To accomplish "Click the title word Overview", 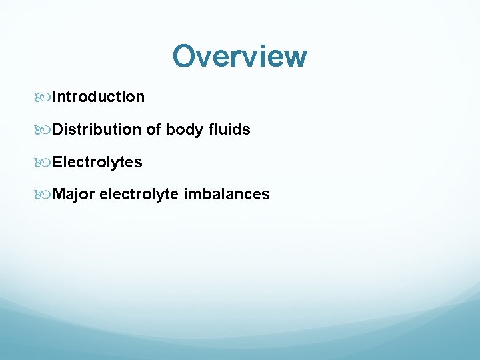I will click(x=239, y=56).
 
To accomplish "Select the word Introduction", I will click(x=99, y=97).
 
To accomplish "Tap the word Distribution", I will click(x=97, y=129).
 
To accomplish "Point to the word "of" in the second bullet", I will click(x=154, y=129).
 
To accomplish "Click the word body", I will click(x=184, y=130).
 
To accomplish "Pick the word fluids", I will click(x=229, y=129).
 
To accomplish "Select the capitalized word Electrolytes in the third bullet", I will click(x=97, y=162).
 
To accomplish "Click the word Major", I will click(x=73, y=195).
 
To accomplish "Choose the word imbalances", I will click(x=227, y=195).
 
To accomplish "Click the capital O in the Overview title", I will click(x=185, y=56).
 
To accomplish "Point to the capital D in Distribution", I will click(x=58, y=129).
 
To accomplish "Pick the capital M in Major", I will click(x=59, y=195).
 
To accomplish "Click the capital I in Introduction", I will click(x=55, y=97).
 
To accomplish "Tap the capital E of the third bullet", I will click(x=57, y=162).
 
